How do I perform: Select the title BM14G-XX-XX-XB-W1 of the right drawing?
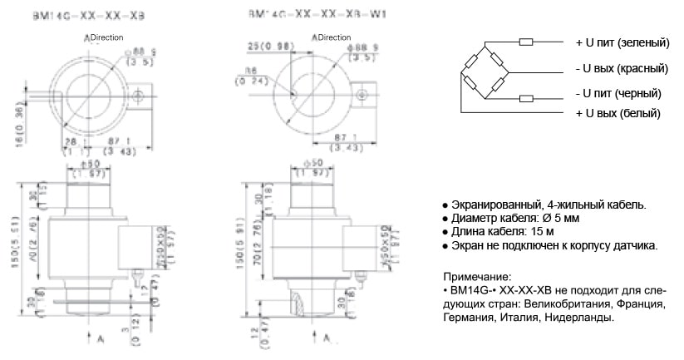click(x=308, y=14)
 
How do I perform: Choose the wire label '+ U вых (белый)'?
click(x=617, y=113)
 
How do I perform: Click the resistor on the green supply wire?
click(x=525, y=42)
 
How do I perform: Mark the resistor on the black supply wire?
click(x=525, y=98)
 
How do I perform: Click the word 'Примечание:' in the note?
click(x=476, y=276)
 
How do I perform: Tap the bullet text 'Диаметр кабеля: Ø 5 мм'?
click(x=515, y=219)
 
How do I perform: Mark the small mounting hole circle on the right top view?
click(x=360, y=98)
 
